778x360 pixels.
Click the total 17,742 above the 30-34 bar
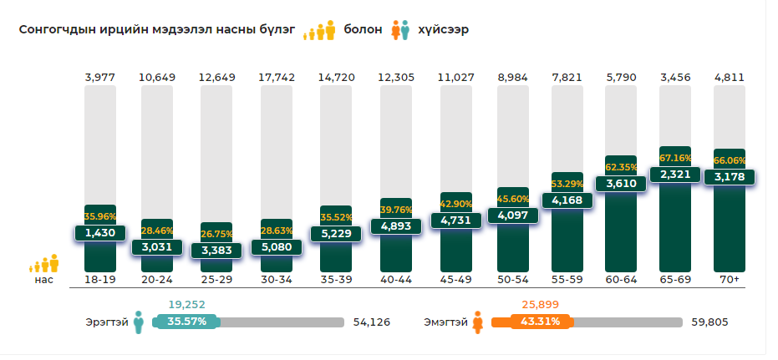point(277,78)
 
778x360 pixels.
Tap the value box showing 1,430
point(100,233)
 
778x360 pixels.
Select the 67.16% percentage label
point(674,158)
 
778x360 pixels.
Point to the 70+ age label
point(729,278)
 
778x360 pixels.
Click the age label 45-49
point(455,278)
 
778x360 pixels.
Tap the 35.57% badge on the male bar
point(186,322)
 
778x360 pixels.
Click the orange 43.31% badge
point(531,322)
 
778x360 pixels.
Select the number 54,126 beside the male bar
point(372,322)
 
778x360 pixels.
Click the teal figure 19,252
point(186,305)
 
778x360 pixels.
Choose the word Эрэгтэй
point(106,322)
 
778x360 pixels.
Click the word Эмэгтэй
point(445,322)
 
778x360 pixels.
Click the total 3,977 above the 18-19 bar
point(99,78)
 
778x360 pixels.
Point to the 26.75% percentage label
point(217,234)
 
